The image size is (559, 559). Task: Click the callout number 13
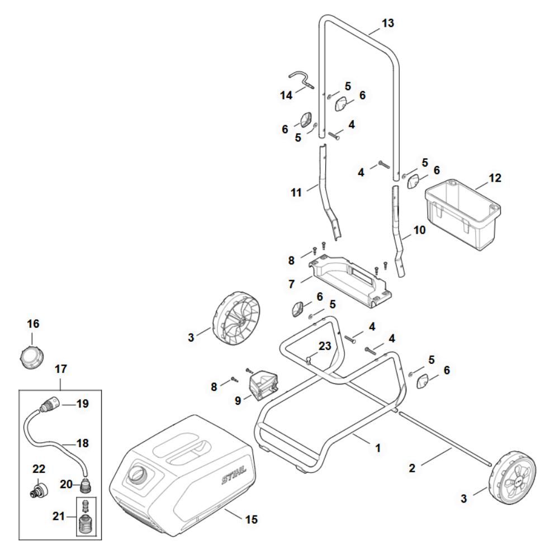[387, 23]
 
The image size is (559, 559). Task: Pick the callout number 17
[60, 369]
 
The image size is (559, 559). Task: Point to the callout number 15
[252, 519]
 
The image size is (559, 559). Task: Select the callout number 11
[296, 192]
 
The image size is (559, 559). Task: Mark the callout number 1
[377, 448]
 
